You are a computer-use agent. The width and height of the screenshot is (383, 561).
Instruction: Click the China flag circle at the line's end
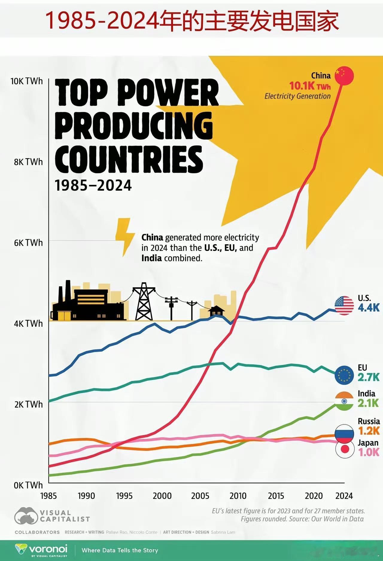tap(344, 76)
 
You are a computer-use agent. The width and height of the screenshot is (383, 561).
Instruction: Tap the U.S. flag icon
tap(344, 306)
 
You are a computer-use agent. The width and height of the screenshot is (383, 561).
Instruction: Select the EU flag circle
tap(344, 375)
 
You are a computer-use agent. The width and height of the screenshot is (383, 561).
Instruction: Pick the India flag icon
tap(344, 401)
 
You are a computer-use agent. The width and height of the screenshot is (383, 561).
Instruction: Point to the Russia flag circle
tap(344, 434)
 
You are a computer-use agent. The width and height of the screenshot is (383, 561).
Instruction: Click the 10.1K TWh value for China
tap(310, 86)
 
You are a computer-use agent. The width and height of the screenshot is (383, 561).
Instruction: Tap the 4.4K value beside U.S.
tap(369, 307)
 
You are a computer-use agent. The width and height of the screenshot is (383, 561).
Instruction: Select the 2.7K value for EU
tap(369, 377)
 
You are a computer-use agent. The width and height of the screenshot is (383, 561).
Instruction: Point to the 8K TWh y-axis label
tap(28, 162)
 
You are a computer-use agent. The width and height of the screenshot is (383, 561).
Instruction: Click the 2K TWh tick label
tap(28, 404)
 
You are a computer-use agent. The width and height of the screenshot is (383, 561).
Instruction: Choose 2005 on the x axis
tap(200, 496)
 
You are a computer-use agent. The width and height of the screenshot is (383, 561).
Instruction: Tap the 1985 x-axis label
tap(48, 496)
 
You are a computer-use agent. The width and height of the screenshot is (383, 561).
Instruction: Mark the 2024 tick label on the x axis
tap(344, 496)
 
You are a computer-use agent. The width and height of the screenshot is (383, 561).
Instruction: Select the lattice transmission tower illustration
tap(144, 302)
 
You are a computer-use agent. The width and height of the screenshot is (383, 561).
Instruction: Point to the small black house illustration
tap(217, 311)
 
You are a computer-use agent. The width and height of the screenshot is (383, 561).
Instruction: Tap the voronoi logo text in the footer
tap(48, 549)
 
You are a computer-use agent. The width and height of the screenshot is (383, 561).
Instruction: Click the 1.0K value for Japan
tap(369, 452)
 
